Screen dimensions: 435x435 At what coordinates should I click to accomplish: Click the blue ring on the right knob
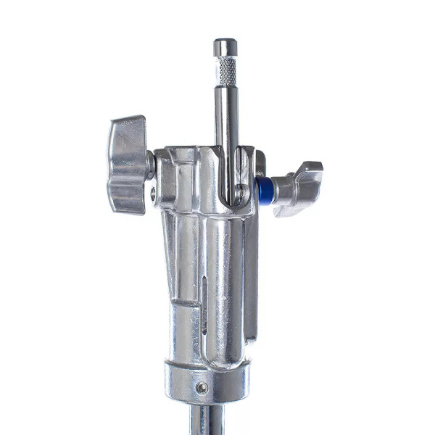pyautogui.click(x=264, y=189)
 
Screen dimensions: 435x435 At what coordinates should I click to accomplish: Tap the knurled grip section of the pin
pyautogui.click(x=227, y=70)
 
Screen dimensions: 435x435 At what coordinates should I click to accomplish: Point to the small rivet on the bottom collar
pyautogui.click(x=202, y=388)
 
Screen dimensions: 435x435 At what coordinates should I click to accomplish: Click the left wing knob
pyautogui.click(x=127, y=165)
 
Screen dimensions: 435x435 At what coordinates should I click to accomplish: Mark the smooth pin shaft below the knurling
pyautogui.click(x=227, y=123)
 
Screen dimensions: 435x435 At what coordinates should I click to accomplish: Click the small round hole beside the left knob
pyautogui.click(x=154, y=192)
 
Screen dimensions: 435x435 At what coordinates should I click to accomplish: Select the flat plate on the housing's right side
pyautogui.click(x=251, y=283)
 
